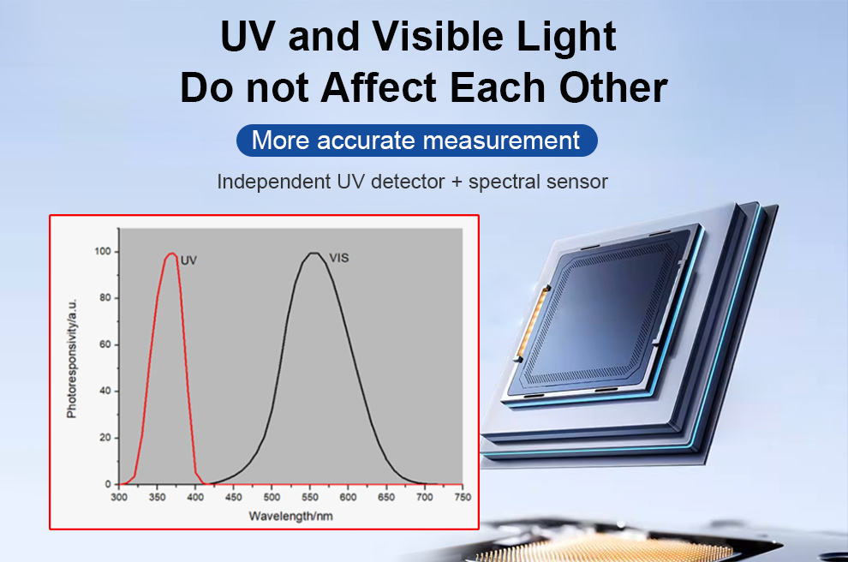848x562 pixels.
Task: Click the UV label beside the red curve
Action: click(188, 260)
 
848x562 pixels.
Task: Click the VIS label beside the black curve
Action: click(339, 258)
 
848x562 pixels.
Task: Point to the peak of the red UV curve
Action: click(172, 253)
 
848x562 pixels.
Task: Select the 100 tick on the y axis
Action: click(102, 252)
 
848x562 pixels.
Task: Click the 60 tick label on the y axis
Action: click(105, 344)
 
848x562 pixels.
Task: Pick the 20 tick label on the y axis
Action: click(105, 438)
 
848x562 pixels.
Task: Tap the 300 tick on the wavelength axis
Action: click(119, 497)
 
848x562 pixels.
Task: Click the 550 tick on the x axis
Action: click(310, 497)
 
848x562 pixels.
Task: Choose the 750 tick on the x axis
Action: click(463, 497)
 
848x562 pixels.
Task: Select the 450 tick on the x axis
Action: click(234, 497)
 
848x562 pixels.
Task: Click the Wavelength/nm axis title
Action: click(291, 516)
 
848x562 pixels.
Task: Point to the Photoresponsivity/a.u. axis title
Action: click(71, 359)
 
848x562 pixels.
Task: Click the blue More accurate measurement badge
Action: click(417, 140)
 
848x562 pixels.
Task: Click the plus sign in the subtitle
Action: click(457, 182)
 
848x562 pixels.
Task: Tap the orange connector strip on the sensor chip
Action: click(532, 323)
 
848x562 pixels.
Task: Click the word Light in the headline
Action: click(566, 37)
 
